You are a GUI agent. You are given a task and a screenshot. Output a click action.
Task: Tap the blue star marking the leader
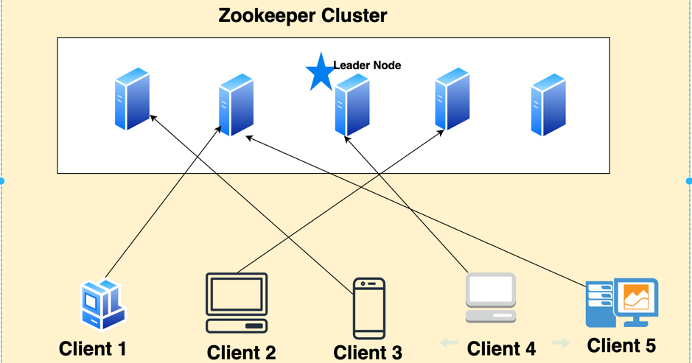(x=320, y=72)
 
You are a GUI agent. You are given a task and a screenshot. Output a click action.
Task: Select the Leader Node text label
(x=367, y=66)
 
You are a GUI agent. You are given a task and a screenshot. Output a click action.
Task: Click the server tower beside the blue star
(x=352, y=106)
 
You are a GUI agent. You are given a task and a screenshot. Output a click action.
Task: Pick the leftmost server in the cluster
(x=133, y=99)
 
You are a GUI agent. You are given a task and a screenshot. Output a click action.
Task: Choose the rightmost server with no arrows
(x=548, y=105)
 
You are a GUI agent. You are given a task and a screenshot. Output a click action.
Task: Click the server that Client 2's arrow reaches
(x=452, y=99)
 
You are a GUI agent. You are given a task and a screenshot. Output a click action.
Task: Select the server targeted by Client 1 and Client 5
(x=237, y=105)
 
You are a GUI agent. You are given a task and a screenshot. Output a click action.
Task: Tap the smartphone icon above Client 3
(x=369, y=308)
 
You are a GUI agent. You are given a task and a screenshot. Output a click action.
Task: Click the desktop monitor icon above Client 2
(x=237, y=303)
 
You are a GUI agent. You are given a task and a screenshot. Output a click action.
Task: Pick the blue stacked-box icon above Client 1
(x=102, y=305)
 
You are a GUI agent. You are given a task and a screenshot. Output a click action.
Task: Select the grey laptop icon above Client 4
(x=491, y=298)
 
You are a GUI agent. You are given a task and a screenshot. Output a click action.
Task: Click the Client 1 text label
(x=92, y=348)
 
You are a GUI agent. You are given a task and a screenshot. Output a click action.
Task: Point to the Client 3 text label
(x=368, y=352)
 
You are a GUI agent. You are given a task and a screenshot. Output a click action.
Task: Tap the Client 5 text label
(x=621, y=345)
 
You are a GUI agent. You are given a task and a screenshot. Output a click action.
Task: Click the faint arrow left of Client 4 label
(x=449, y=342)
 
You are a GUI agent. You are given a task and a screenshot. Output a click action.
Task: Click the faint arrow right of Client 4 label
(x=561, y=342)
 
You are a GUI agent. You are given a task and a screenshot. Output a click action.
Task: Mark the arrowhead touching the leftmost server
(x=153, y=116)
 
